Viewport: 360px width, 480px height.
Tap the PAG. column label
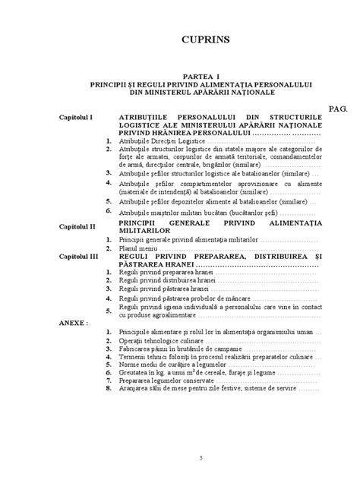tap(338, 109)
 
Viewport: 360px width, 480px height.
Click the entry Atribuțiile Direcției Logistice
tap(162, 141)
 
